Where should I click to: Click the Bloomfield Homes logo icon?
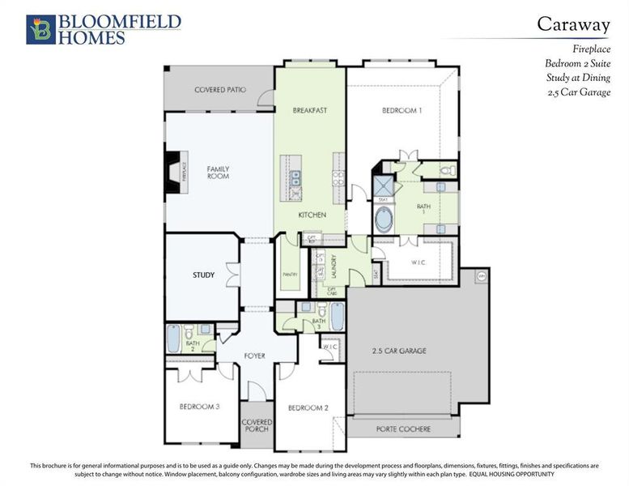pyautogui.click(x=40, y=29)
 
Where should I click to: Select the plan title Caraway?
pyautogui.click(x=574, y=24)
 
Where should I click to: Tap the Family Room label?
pyautogui.click(x=218, y=173)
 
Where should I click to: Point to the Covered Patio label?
pyautogui.click(x=219, y=90)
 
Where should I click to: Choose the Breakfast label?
pyautogui.click(x=309, y=110)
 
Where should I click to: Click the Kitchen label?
pyautogui.click(x=312, y=215)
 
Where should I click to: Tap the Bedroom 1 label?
pyautogui.click(x=402, y=110)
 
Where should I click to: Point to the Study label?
pyautogui.click(x=203, y=275)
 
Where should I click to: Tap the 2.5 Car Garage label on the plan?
pyautogui.click(x=399, y=351)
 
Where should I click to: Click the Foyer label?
pyautogui.click(x=254, y=356)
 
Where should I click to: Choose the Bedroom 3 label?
pyautogui.click(x=199, y=407)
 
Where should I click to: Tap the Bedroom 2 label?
pyautogui.click(x=308, y=407)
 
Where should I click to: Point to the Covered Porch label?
pyautogui.click(x=257, y=424)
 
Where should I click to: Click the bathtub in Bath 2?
pyautogui.click(x=174, y=338)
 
